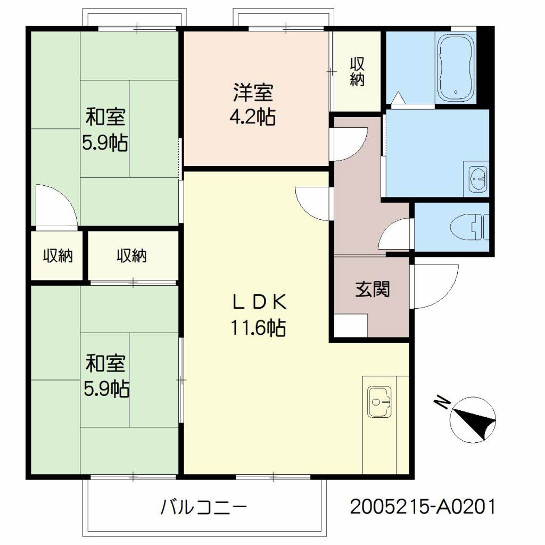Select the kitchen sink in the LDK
379,401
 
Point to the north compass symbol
472,420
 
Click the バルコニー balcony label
203,507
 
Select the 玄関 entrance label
372,289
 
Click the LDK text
259,301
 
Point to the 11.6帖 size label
258,327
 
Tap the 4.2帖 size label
253,117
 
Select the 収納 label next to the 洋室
357,71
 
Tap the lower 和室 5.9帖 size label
106,389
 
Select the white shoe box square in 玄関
351,325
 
